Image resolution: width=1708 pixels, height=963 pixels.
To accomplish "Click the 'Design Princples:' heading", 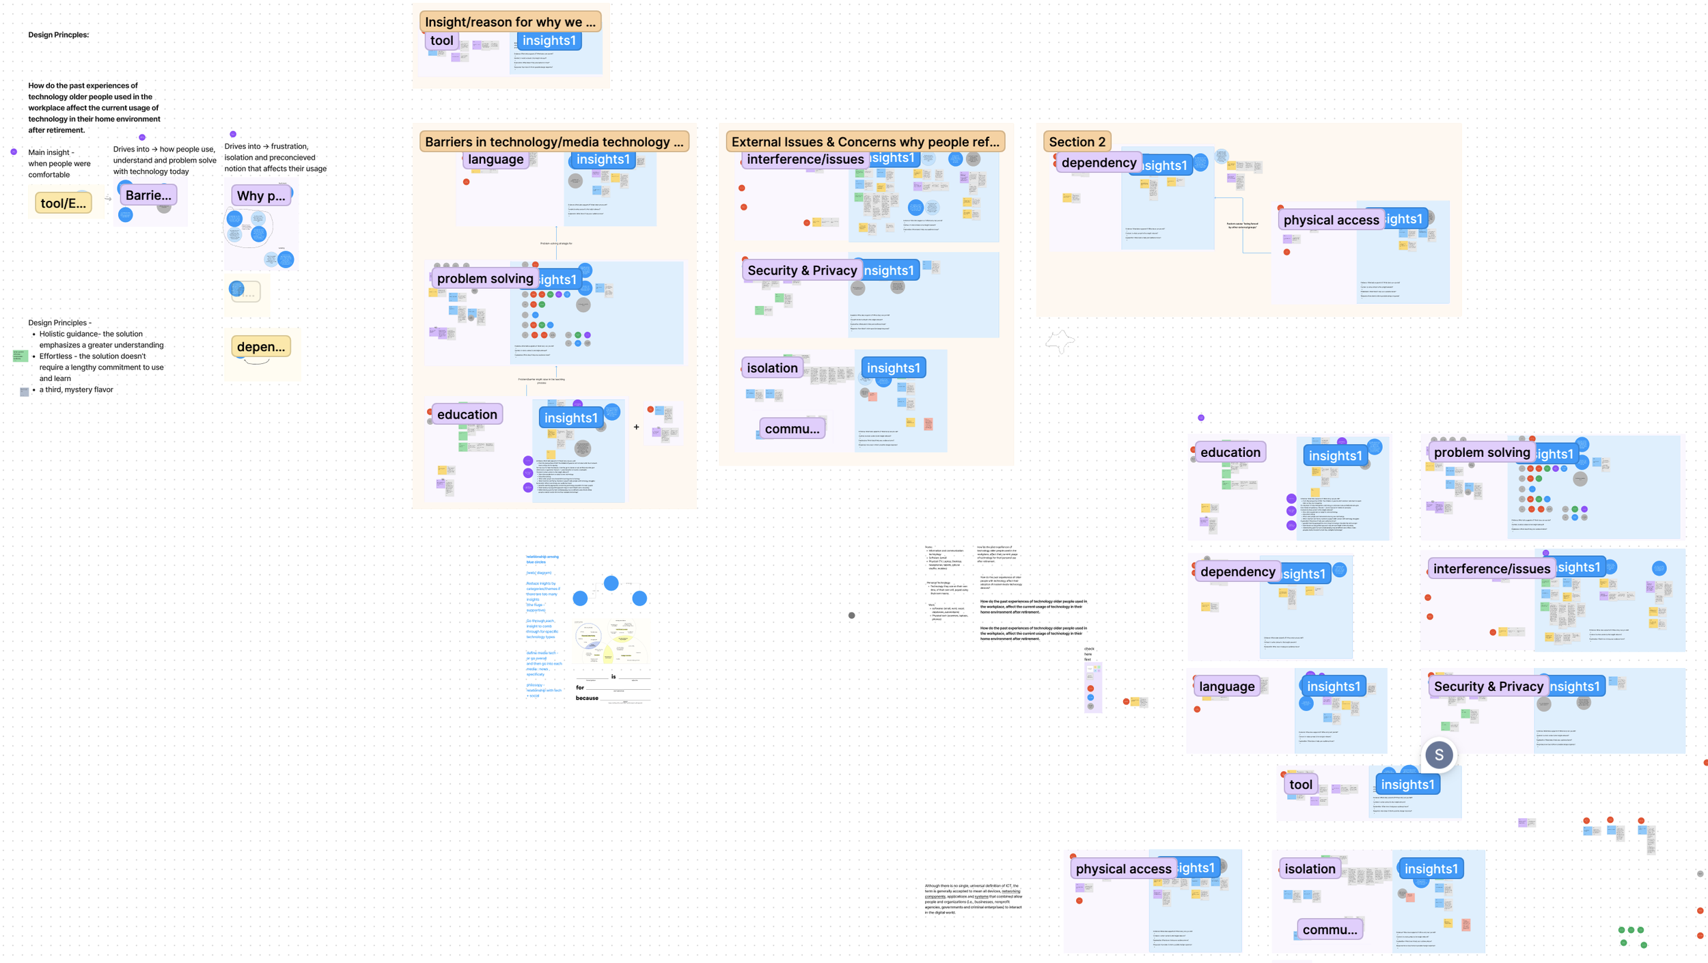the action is pos(58,35).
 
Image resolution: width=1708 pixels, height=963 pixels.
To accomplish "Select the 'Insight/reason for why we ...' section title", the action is pos(510,22).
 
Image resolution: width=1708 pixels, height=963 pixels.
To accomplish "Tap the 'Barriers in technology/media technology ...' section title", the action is pos(553,142).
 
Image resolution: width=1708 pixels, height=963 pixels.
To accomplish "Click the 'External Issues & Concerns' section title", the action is pos(864,142).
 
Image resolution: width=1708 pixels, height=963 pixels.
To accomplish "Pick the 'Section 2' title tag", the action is pos(1076,142).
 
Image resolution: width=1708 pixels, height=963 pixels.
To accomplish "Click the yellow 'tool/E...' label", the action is pos(63,203).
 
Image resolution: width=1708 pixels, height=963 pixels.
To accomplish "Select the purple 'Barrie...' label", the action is pos(148,195).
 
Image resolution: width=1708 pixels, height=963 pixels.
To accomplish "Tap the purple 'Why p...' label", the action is pos(260,196).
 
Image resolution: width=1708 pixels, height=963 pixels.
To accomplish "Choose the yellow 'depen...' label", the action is pos(260,347).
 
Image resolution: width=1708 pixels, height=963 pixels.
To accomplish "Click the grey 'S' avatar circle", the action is pos(1438,755).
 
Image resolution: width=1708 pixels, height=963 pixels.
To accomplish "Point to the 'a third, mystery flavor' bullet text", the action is pos(76,390).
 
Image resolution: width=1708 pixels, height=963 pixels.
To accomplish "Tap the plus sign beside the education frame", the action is pos(636,427).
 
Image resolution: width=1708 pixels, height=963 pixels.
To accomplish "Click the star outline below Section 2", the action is pos(1060,341).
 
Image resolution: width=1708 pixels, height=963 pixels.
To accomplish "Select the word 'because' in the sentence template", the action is pos(586,698).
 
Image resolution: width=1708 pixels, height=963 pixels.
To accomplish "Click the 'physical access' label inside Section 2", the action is pos(1330,220).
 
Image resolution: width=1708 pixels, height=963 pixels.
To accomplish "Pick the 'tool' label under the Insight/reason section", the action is pos(441,40).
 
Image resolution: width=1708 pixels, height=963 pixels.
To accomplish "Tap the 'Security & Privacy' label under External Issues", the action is pos(801,270).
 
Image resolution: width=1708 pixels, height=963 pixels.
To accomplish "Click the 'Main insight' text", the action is pos(51,152).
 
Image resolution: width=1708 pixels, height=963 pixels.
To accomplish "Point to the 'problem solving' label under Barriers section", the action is pos(484,279).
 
